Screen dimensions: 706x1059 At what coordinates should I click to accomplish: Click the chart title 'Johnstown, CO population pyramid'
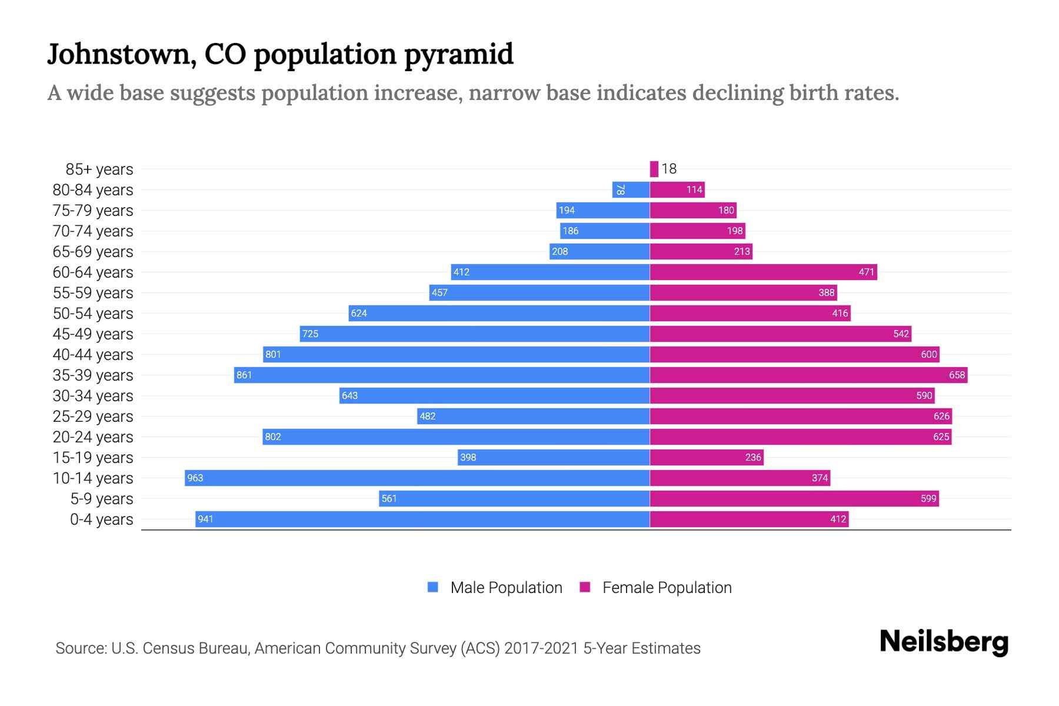(x=280, y=54)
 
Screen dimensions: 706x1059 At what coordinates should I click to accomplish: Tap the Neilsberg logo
(x=944, y=642)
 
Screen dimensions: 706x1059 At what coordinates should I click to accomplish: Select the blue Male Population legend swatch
(x=433, y=587)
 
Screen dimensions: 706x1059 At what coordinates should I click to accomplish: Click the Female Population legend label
(x=667, y=588)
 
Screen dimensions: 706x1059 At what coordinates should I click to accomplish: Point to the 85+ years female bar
(x=654, y=169)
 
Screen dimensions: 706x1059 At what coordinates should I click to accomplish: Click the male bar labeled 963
(x=417, y=478)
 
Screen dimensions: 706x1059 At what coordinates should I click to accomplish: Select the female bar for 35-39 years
(x=808, y=375)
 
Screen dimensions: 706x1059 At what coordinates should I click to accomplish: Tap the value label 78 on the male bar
(x=620, y=189)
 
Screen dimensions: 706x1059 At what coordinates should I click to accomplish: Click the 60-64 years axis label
(x=93, y=272)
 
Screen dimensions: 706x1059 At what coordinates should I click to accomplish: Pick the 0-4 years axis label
(x=101, y=519)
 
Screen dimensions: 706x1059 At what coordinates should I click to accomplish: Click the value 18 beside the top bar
(x=669, y=169)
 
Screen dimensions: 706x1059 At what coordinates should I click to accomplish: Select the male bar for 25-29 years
(x=533, y=416)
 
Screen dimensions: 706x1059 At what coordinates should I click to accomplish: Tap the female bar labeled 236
(x=706, y=457)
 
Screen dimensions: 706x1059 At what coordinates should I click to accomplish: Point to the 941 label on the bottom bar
(x=205, y=519)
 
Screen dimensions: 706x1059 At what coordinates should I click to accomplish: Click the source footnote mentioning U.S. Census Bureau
(x=378, y=648)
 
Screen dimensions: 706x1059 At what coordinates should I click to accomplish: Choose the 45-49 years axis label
(x=93, y=334)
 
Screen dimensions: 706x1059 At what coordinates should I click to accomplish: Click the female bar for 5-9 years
(x=794, y=498)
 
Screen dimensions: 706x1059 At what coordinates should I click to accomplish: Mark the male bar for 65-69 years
(x=599, y=251)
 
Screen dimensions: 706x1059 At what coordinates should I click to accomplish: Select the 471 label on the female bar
(x=866, y=272)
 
